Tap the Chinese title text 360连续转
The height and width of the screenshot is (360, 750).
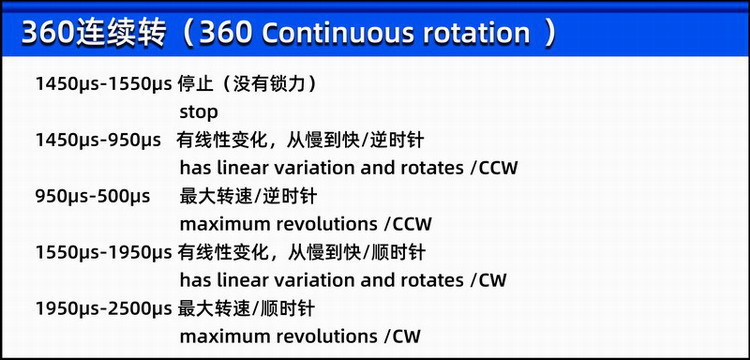tap(94, 33)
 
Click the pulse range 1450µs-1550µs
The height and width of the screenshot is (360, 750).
tap(103, 85)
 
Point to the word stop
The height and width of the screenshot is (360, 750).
tap(199, 112)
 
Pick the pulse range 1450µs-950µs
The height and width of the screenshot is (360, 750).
tap(98, 141)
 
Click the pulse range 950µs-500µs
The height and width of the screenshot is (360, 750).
tap(92, 196)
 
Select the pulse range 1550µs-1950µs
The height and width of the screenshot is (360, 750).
tap(103, 252)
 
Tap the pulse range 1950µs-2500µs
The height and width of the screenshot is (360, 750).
tap(103, 308)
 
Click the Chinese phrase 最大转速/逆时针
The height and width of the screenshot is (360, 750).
tap(248, 196)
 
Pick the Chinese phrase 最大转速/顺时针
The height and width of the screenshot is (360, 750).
tap(246, 308)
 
